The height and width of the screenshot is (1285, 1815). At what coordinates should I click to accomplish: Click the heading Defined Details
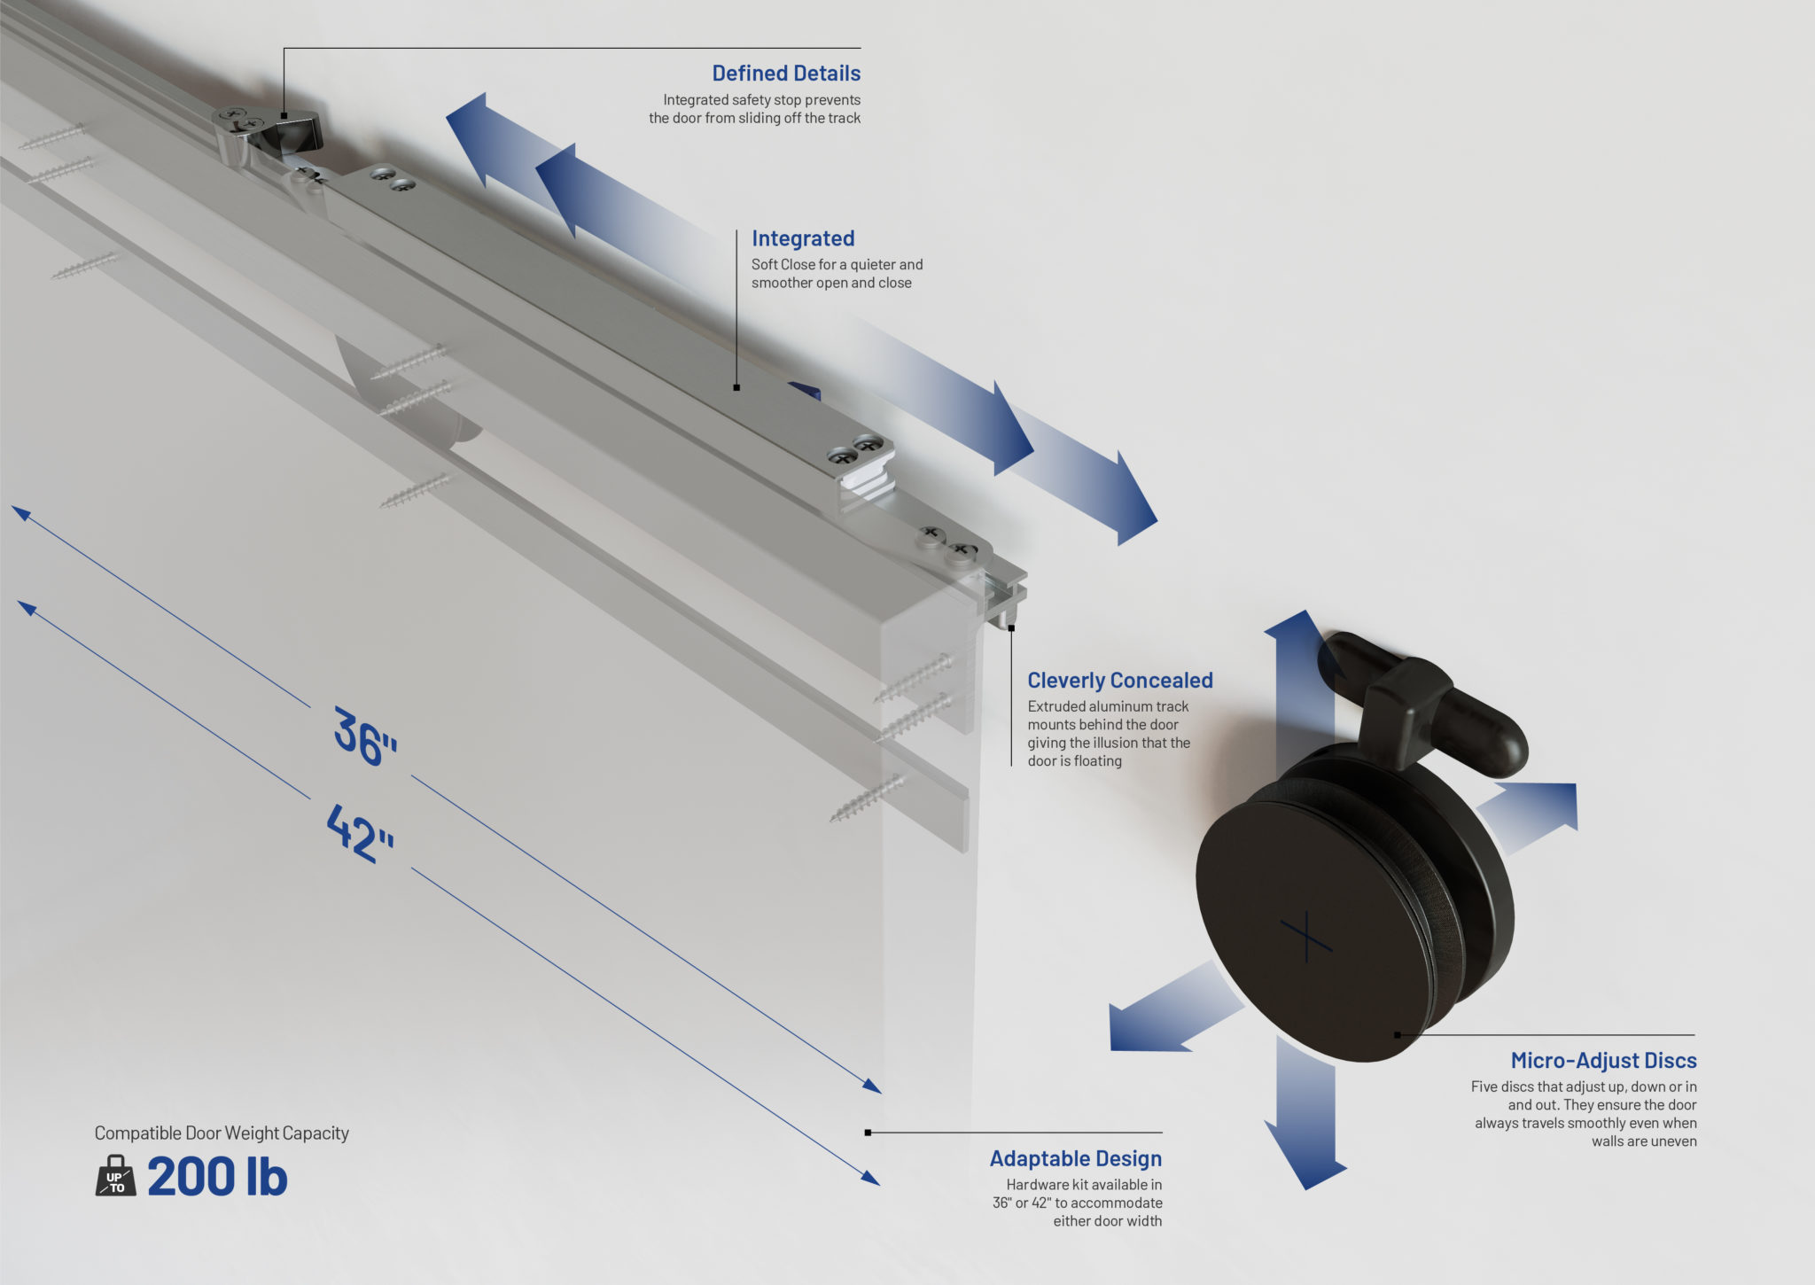coord(786,74)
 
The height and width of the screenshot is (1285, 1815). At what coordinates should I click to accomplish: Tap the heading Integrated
coord(803,238)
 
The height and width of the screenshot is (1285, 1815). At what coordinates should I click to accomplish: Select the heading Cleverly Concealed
coord(1119,681)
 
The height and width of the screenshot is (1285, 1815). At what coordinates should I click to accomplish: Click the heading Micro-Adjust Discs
coord(1603,1061)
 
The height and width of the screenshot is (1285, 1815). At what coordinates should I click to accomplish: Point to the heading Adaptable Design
coord(1075,1159)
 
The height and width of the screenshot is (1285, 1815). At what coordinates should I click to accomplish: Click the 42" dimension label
coord(360,833)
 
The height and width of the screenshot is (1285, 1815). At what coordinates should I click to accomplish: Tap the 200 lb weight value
coord(217,1178)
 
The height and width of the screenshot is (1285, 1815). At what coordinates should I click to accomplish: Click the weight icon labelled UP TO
coord(115,1178)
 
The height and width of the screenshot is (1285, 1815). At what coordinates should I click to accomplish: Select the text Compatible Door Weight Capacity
coord(222,1133)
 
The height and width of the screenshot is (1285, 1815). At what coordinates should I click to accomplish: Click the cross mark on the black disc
coord(1306,937)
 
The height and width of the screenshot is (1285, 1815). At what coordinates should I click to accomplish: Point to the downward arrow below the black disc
coord(1305,1143)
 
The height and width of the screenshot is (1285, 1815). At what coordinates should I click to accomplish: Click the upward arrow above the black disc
coord(1300,638)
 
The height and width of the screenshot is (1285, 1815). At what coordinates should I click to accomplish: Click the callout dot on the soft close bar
coord(736,387)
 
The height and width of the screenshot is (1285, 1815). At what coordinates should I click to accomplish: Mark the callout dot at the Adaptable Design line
coord(868,1133)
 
